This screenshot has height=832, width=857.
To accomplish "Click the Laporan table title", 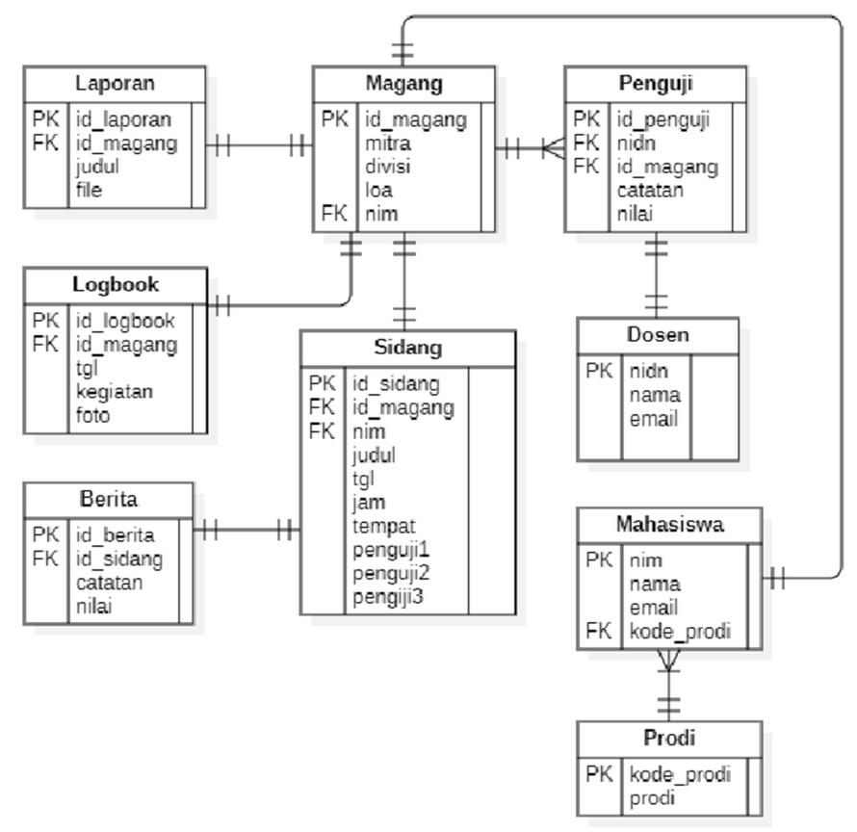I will click(115, 82).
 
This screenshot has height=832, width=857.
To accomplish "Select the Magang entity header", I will click(404, 83).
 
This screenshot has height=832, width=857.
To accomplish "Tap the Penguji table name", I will click(655, 83).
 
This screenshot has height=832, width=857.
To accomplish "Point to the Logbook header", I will click(116, 285).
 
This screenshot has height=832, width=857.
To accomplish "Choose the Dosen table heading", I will click(658, 335).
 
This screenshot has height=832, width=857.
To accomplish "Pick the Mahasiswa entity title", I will click(670, 525).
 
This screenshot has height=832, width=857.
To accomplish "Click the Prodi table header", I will click(669, 739).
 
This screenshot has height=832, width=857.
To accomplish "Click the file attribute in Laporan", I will click(90, 190).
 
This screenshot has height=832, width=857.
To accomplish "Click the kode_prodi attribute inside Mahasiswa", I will click(680, 633).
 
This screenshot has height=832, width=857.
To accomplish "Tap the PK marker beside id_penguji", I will click(586, 119).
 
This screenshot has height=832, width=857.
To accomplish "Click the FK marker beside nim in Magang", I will click(334, 214).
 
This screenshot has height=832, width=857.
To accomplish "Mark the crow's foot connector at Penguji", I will click(552, 148).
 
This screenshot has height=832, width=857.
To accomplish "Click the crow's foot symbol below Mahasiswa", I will click(668, 661).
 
